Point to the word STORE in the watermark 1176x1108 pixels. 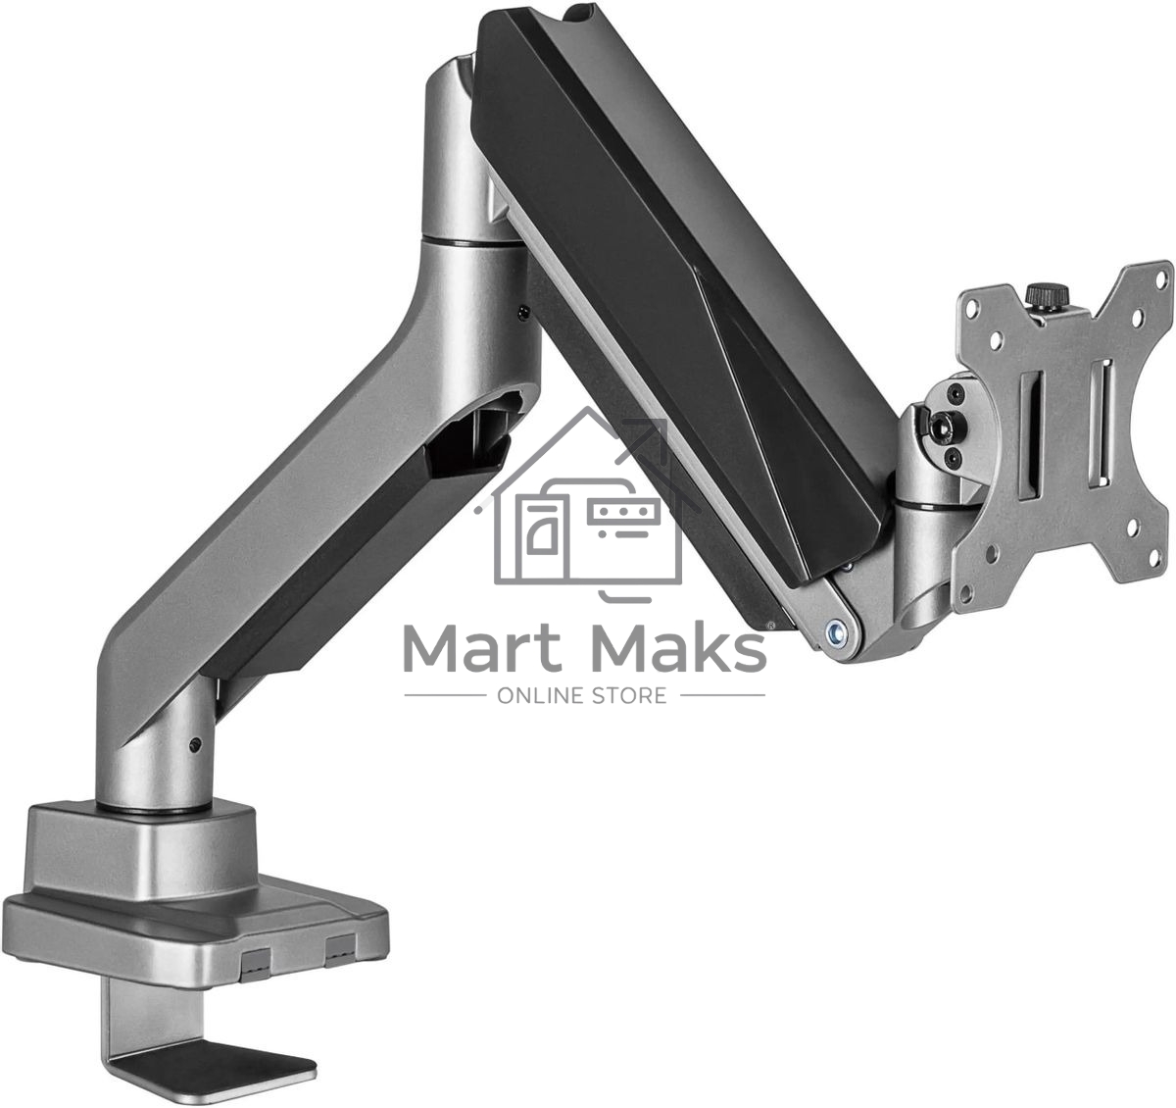tap(631, 695)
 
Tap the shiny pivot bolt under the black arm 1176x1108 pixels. tap(836, 631)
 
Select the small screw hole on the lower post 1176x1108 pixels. tap(194, 746)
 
